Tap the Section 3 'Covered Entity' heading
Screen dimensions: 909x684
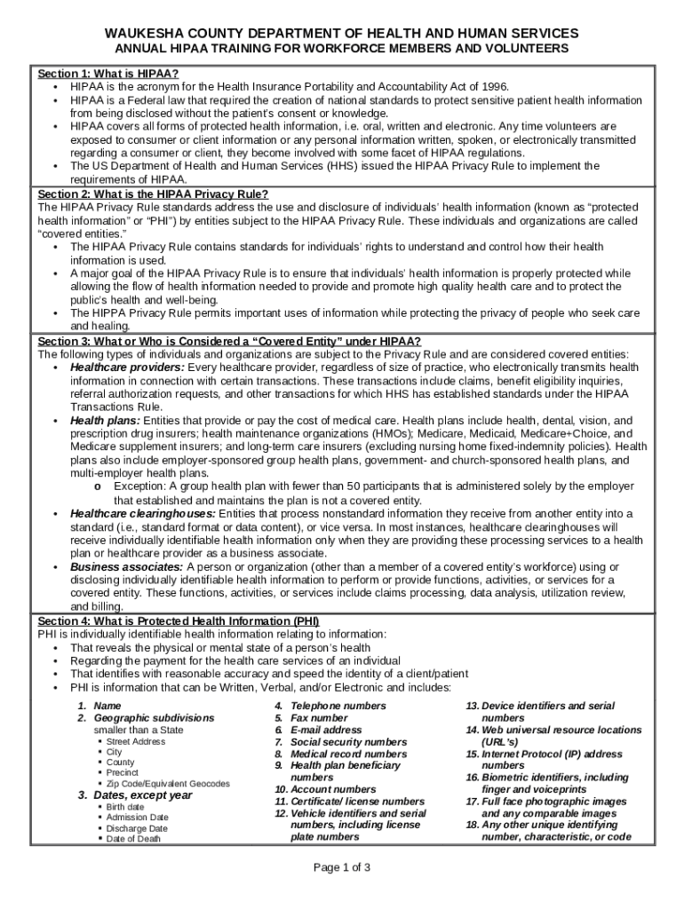coord(229,342)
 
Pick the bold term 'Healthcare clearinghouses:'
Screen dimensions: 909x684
coord(143,513)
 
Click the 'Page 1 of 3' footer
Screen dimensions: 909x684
coord(342,867)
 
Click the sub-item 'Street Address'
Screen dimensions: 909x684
coord(135,741)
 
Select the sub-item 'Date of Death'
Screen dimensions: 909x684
coord(133,839)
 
